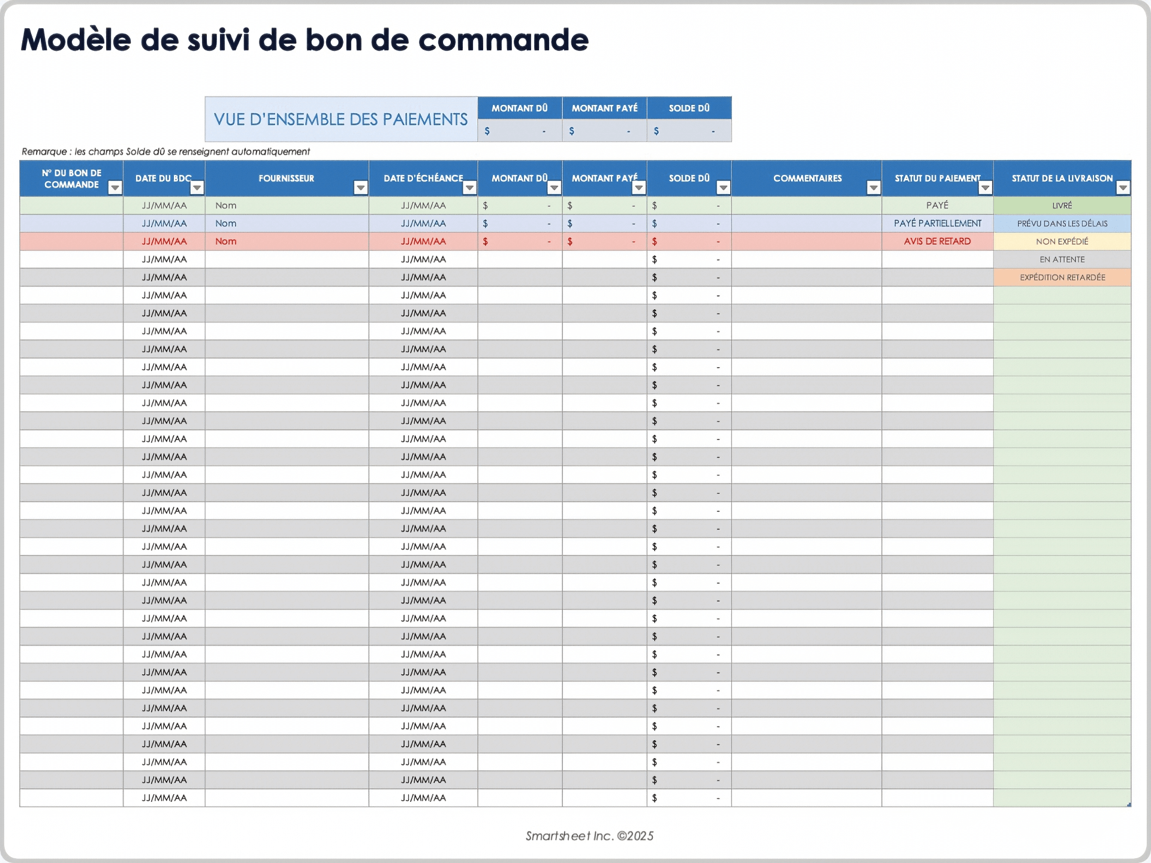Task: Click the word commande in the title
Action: click(x=503, y=41)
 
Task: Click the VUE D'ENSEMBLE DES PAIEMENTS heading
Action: click(x=341, y=119)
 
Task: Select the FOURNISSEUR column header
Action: click(x=286, y=179)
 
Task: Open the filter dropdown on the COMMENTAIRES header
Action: click(x=873, y=188)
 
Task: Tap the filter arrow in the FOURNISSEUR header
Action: click(x=360, y=188)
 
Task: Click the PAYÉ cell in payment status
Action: click(x=937, y=206)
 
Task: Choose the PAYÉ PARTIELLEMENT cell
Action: click(x=937, y=224)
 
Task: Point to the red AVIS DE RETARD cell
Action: click(x=937, y=242)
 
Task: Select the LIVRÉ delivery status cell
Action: click(x=1062, y=206)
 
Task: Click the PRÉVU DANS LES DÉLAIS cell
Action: click(x=1062, y=224)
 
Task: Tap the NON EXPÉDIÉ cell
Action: click(x=1062, y=242)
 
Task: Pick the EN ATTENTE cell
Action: click(x=1062, y=259)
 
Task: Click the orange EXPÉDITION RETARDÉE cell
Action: click(x=1062, y=277)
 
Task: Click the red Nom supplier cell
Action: click(x=226, y=242)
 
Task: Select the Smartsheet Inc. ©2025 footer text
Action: click(x=589, y=836)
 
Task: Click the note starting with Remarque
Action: click(x=165, y=152)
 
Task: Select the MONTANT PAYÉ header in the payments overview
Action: click(x=604, y=108)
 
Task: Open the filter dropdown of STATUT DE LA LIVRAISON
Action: click(x=1122, y=188)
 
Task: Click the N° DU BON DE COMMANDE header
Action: click(x=71, y=179)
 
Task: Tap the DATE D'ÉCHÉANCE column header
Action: click(x=423, y=179)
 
